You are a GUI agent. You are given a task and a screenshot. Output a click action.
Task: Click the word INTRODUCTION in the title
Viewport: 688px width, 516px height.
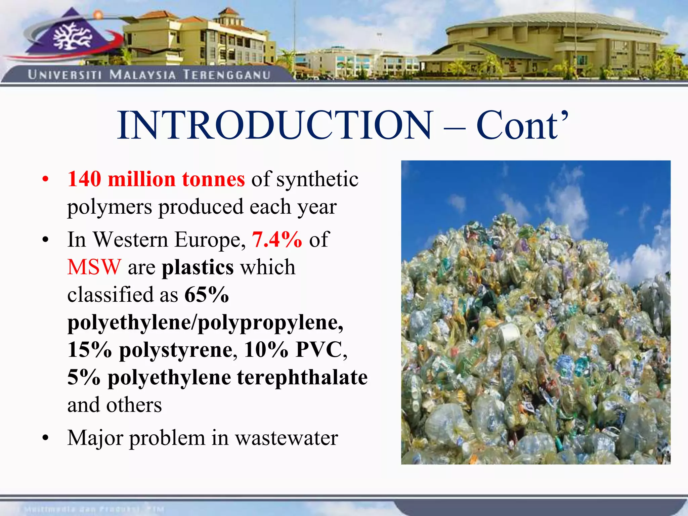click(x=275, y=125)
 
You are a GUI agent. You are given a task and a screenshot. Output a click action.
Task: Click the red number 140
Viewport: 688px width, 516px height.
click(x=84, y=179)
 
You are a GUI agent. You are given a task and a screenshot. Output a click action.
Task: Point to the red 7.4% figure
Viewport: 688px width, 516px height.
click(x=277, y=240)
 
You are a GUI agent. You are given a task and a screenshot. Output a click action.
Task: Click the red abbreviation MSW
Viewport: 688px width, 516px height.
click(x=94, y=267)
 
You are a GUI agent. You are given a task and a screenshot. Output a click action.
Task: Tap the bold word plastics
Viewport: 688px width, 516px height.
click(x=198, y=267)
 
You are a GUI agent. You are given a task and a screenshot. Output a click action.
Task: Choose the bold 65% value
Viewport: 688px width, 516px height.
click(x=207, y=295)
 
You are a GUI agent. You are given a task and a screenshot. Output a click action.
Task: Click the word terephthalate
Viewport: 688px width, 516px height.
click(x=302, y=377)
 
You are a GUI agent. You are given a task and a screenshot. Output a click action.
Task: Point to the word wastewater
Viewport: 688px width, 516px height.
click(x=286, y=438)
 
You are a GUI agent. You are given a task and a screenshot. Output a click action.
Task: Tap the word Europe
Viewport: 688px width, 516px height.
click(x=210, y=240)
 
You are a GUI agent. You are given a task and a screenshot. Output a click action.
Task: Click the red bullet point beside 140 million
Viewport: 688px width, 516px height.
click(x=46, y=179)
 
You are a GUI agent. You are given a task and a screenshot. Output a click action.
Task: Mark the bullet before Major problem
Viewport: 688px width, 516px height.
click(x=46, y=438)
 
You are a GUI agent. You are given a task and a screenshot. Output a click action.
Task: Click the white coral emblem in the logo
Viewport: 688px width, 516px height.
click(x=72, y=37)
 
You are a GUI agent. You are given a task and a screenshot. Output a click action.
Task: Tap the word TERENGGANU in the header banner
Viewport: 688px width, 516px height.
click(x=227, y=75)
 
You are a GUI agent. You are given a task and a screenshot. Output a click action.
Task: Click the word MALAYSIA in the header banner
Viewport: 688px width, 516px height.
click(x=142, y=75)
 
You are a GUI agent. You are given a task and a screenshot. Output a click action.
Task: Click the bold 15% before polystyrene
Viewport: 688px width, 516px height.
click(x=89, y=350)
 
